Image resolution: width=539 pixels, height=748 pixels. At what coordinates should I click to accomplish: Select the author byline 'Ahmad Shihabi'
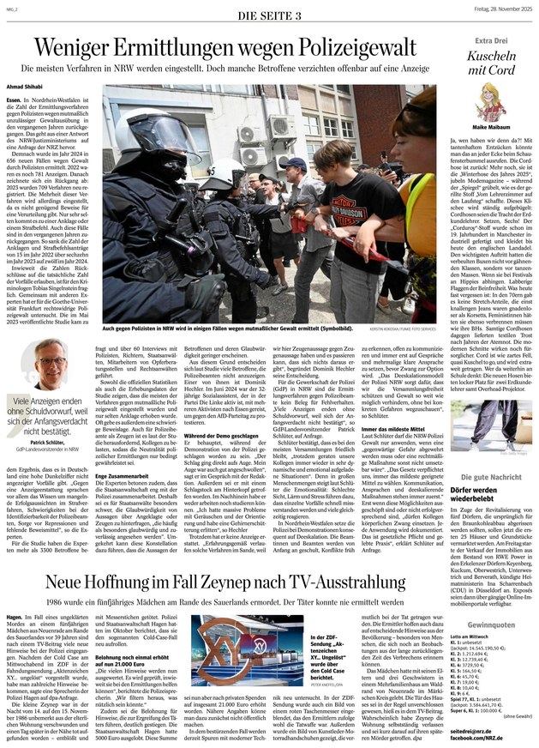tap(25, 86)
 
